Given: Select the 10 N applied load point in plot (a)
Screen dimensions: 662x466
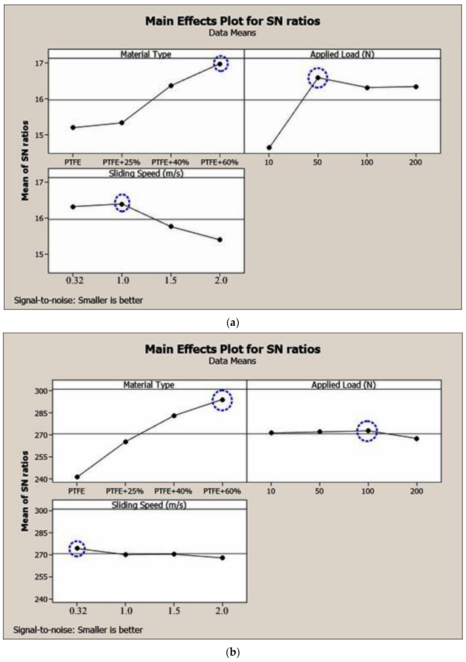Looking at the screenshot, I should click(x=269, y=148).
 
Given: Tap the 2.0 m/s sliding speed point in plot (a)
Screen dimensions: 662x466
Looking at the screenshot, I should click(x=220, y=240).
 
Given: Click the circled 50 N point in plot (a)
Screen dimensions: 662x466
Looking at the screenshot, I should click(x=318, y=78).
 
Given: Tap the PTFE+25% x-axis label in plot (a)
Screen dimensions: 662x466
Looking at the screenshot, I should click(x=121, y=162).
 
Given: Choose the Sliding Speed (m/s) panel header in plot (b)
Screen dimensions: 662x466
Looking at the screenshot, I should click(x=149, y=505).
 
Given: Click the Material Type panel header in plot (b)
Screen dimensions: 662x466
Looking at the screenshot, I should click(x=149, y=385).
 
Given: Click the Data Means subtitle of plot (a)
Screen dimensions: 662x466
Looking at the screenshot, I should click(x=232, y=33).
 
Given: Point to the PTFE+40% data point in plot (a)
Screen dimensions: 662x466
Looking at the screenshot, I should click(x=171, y=86).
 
